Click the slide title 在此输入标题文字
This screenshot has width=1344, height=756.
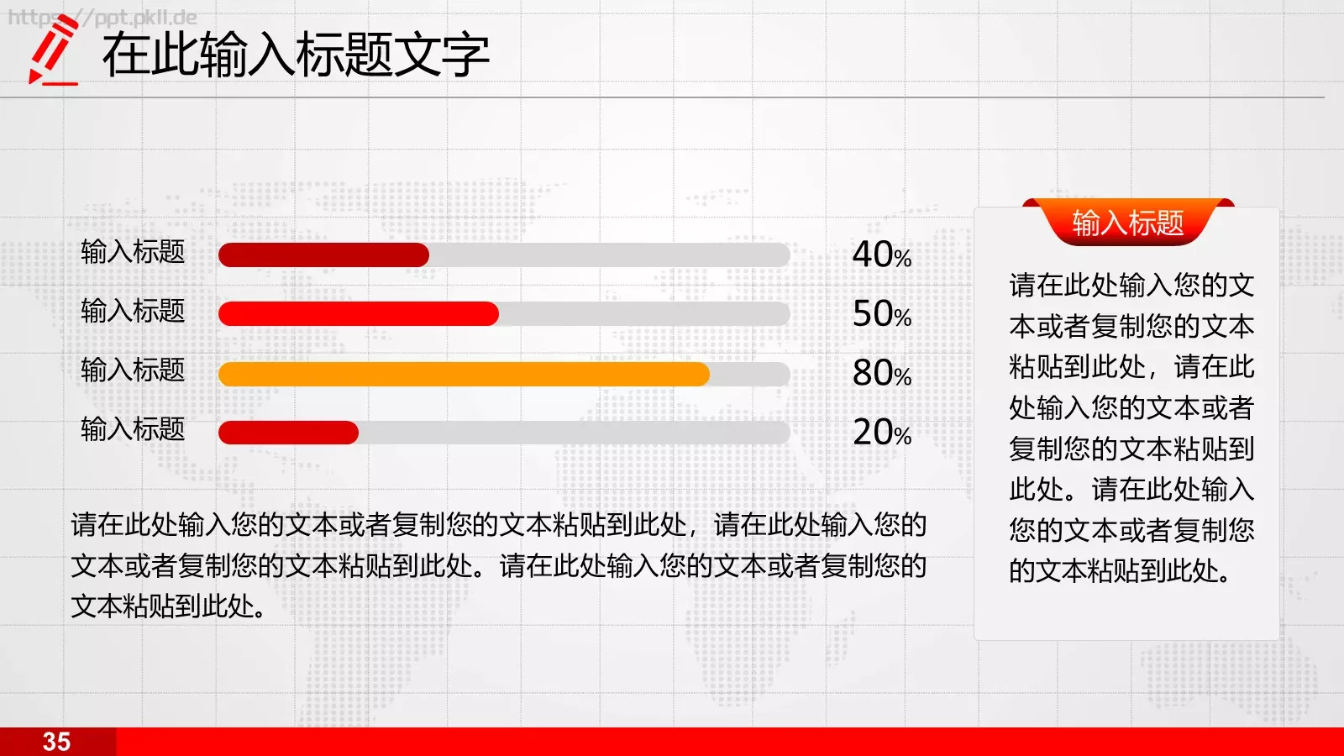point(296,55)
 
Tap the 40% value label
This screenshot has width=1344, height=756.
point(881,255)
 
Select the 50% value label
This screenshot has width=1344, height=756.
point(881,314)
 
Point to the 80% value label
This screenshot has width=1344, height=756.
point(881,373)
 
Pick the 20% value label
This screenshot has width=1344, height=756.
point(881,433)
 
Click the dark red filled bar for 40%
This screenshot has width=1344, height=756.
point(323,255)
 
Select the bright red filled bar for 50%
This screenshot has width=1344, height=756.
point(359,314)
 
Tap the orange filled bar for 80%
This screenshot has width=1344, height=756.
point(464,374)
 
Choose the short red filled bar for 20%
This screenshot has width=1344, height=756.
point(288,433)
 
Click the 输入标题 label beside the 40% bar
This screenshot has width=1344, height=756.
point(133,252)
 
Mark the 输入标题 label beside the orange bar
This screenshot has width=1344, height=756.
point(133,370)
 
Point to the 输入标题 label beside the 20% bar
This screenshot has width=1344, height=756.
point(133,429)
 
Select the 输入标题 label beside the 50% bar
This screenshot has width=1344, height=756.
point(133,311)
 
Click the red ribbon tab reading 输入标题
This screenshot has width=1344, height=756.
point(1128,223)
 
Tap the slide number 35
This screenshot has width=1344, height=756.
point(56,742)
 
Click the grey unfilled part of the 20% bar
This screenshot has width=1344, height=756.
point(574,433)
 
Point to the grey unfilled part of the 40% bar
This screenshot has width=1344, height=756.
point(609,255)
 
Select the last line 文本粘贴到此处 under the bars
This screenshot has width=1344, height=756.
point(168,606)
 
